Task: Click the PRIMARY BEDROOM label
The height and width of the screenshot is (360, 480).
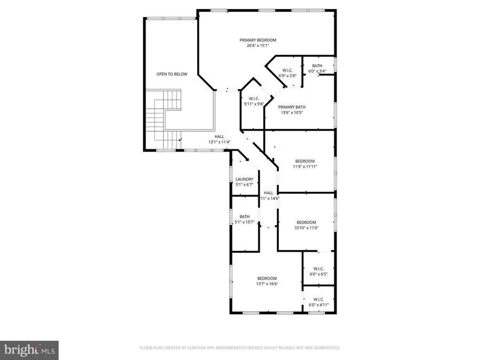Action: [258, 40]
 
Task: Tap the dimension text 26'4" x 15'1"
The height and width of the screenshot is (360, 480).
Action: [258, 46]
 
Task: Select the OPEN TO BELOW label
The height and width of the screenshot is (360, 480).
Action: [172, 74]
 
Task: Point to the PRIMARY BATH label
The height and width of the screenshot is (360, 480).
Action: [293, 107]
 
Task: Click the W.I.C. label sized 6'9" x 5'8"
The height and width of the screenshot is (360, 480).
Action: [287, 70]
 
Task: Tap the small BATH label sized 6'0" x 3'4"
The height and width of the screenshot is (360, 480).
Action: [317, 66]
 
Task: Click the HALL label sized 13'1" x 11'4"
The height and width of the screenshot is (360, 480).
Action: [219, 137]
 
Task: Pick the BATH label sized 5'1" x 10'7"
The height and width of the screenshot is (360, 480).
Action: [244, 217]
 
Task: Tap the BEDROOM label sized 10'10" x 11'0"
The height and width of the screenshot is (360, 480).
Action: [306, 222]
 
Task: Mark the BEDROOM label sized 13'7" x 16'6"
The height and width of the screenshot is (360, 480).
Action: [267, 278]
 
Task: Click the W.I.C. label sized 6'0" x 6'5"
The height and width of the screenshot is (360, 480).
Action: [318, 269]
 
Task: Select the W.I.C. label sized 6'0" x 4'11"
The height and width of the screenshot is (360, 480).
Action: [318, 299]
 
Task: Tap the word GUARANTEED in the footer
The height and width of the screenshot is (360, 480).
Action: [326, 348]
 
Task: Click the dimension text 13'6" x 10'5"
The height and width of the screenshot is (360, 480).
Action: [293, 113]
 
